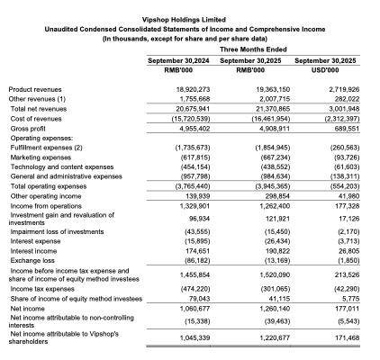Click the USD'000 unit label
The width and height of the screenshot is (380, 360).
pos(338,68)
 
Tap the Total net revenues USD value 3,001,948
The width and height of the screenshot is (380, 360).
pos(339,108)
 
